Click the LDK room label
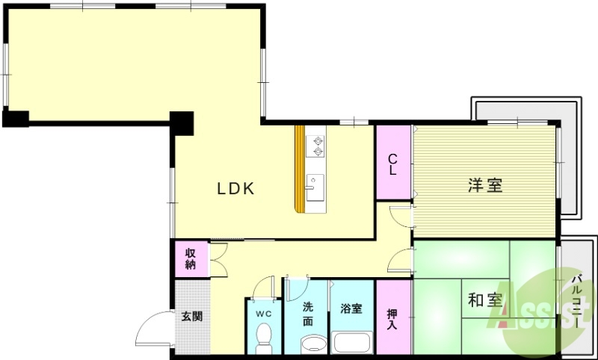pos(236,189)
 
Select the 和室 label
pos(484,300)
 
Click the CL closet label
pos(392,164)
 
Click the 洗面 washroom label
pos(309,314)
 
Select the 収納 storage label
pos(191,258)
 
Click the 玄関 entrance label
pos(191,316)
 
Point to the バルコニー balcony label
pos(577,302)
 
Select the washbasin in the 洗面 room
pos(314,344)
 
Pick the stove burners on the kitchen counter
pos(318,146)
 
